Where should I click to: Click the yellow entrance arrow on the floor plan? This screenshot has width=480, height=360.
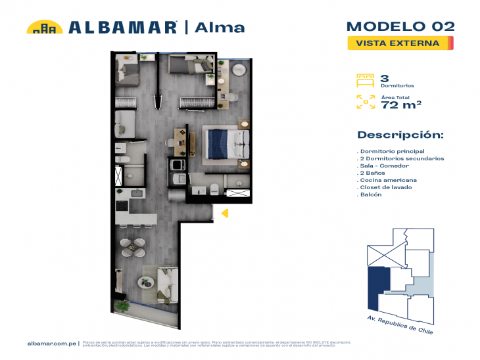tap(224, 213)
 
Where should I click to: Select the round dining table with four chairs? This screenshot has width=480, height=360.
tap(132, 247)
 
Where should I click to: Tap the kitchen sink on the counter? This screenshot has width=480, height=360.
tap(137, 193)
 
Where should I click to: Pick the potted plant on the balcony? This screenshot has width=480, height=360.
tap(123, 305)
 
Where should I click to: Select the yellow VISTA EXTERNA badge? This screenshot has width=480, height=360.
tap(400, 43)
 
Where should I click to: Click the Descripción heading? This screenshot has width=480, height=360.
tap(400, 135)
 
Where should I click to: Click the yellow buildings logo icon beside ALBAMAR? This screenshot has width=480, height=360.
tap(44, 28)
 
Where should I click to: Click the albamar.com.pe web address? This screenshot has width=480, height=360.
tap(53, 344)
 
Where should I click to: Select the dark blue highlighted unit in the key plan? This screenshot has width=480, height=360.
tap(377, 285)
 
